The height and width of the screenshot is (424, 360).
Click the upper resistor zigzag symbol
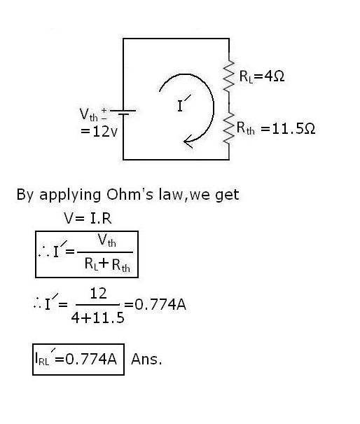click(228, 76)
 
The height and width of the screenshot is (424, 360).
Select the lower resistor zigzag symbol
click(228, 130)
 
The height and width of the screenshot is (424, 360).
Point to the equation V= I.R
click(88, 218)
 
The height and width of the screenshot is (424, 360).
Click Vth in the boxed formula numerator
click(106, 241)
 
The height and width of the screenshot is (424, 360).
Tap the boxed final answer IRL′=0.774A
click(78, 359)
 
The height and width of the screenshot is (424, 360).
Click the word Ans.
click(146, 359)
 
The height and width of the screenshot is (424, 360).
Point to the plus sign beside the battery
click(105, 111)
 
